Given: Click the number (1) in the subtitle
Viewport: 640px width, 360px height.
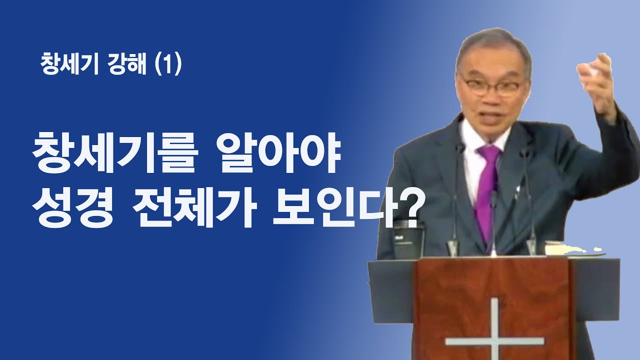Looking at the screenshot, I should point(167,65).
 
